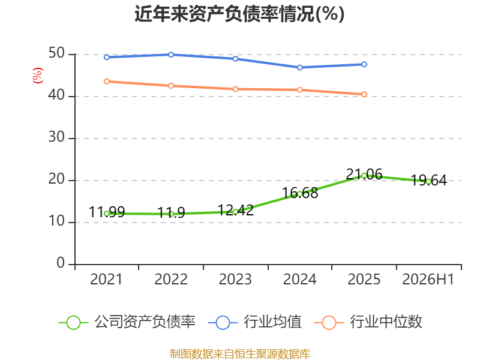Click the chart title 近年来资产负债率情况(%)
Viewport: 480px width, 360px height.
pyautogui.click(x=239, y=14)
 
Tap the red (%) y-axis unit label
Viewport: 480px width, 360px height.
pyautogui.click(x=38, y=76)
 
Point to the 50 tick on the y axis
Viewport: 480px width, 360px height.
pyautogui.click(x=56, y=53)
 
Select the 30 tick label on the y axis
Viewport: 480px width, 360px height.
pyautogui.click(x=56, y=137)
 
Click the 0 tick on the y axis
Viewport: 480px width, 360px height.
pyautogui.click(x=61, y=263)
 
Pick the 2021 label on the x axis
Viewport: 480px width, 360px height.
pyautogui.click(x=106, y=279)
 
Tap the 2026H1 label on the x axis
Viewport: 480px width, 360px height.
pyautogui.click(x=428, y=279)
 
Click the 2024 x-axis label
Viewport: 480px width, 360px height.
pyautogui.click(x=299, y=279)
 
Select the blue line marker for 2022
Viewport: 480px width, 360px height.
pyautogui.click(x=171, y=55)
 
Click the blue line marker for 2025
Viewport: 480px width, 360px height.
pyautogui.click(x=364, y=64)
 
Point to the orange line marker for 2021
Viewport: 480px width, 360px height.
pyautogui.click(x=107, y=82)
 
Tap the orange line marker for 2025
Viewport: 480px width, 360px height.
pyautogui.click(x=364, y=94)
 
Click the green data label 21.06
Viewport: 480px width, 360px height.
pyautogui.click(x=364, y=174)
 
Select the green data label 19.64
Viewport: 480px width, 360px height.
pyautogui.click(x=428, y=180)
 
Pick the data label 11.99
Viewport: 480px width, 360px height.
pyautogui.click(x=107, y=212)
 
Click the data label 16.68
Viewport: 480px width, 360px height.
pyautogui.click(x=299, y=193)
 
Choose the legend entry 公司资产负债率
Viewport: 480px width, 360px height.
pyautogui.click(x=127, y=322)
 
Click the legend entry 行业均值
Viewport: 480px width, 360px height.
pyautogui.click(x=254, y=322)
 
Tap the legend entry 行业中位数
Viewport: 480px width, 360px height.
pyautogui.click(x=368, y=322)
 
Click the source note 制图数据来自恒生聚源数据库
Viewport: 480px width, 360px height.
pyautogui.click(x=240, y=354)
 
